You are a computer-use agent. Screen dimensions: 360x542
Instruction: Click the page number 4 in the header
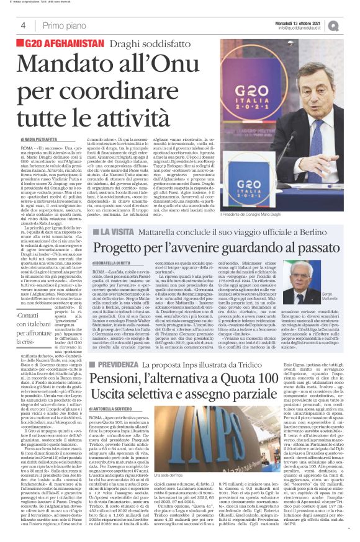click(x=23, y=25)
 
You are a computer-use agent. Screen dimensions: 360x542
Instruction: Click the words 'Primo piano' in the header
click(x=64, y=25)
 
